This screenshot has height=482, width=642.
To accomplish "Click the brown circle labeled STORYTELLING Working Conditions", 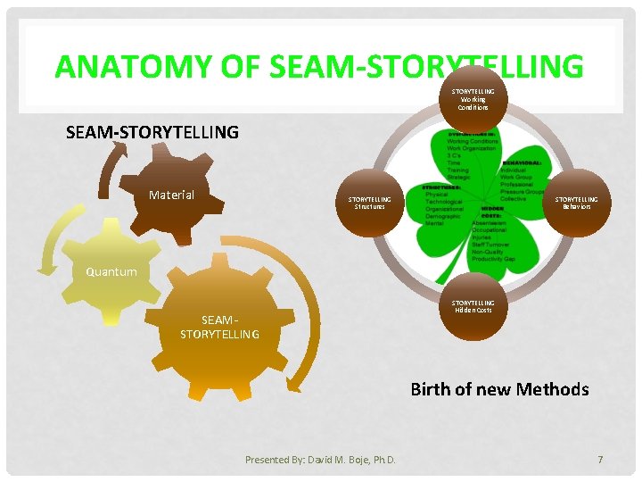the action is click(x=473, y=97).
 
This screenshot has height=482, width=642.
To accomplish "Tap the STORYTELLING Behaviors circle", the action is click(x=576, y=204).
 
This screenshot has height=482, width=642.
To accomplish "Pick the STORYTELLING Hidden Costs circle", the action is click(x=473, y=308).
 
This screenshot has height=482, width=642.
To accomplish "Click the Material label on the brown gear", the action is click(x=171, y=194).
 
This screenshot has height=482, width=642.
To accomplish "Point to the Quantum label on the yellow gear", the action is click(x=111, y=271).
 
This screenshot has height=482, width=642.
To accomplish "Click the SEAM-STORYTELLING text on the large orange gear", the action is click(x=219, y=327).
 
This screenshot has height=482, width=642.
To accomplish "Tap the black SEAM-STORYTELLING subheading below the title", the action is click(x=152, y=132).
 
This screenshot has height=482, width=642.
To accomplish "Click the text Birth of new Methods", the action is click(x=499, y=389).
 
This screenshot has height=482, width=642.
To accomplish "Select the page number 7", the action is click(x=600, y=459).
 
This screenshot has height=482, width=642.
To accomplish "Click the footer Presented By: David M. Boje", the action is click(x=320, y=460).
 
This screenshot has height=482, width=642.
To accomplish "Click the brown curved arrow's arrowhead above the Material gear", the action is click(x=112, y=147).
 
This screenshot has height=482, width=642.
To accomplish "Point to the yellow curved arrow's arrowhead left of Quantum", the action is click(x=42, y=265).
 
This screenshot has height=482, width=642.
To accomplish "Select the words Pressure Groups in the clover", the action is click(x=522, y=191).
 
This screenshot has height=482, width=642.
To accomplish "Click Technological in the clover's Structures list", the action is click(x=444, y=202).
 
